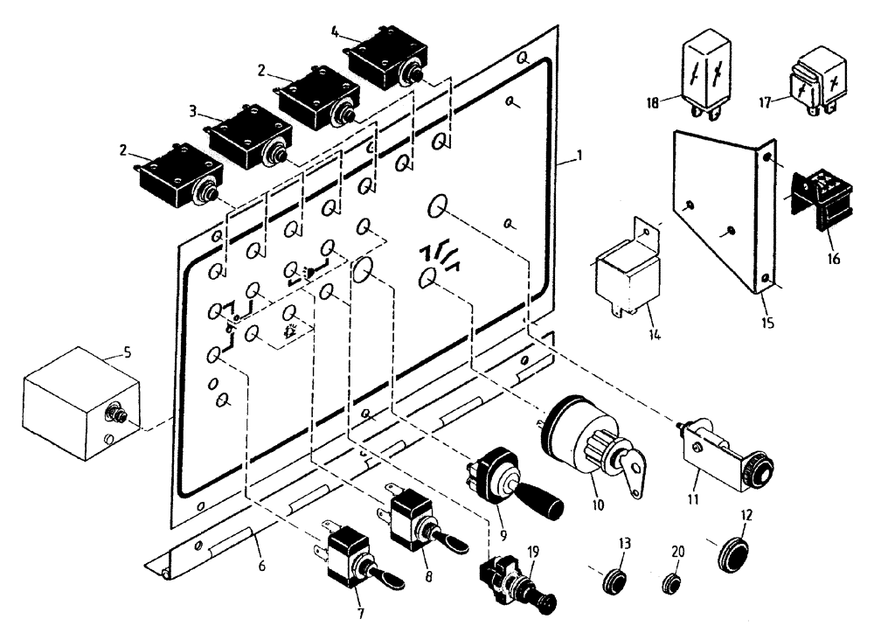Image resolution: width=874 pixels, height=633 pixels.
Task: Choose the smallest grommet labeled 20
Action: tap(671, 583)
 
